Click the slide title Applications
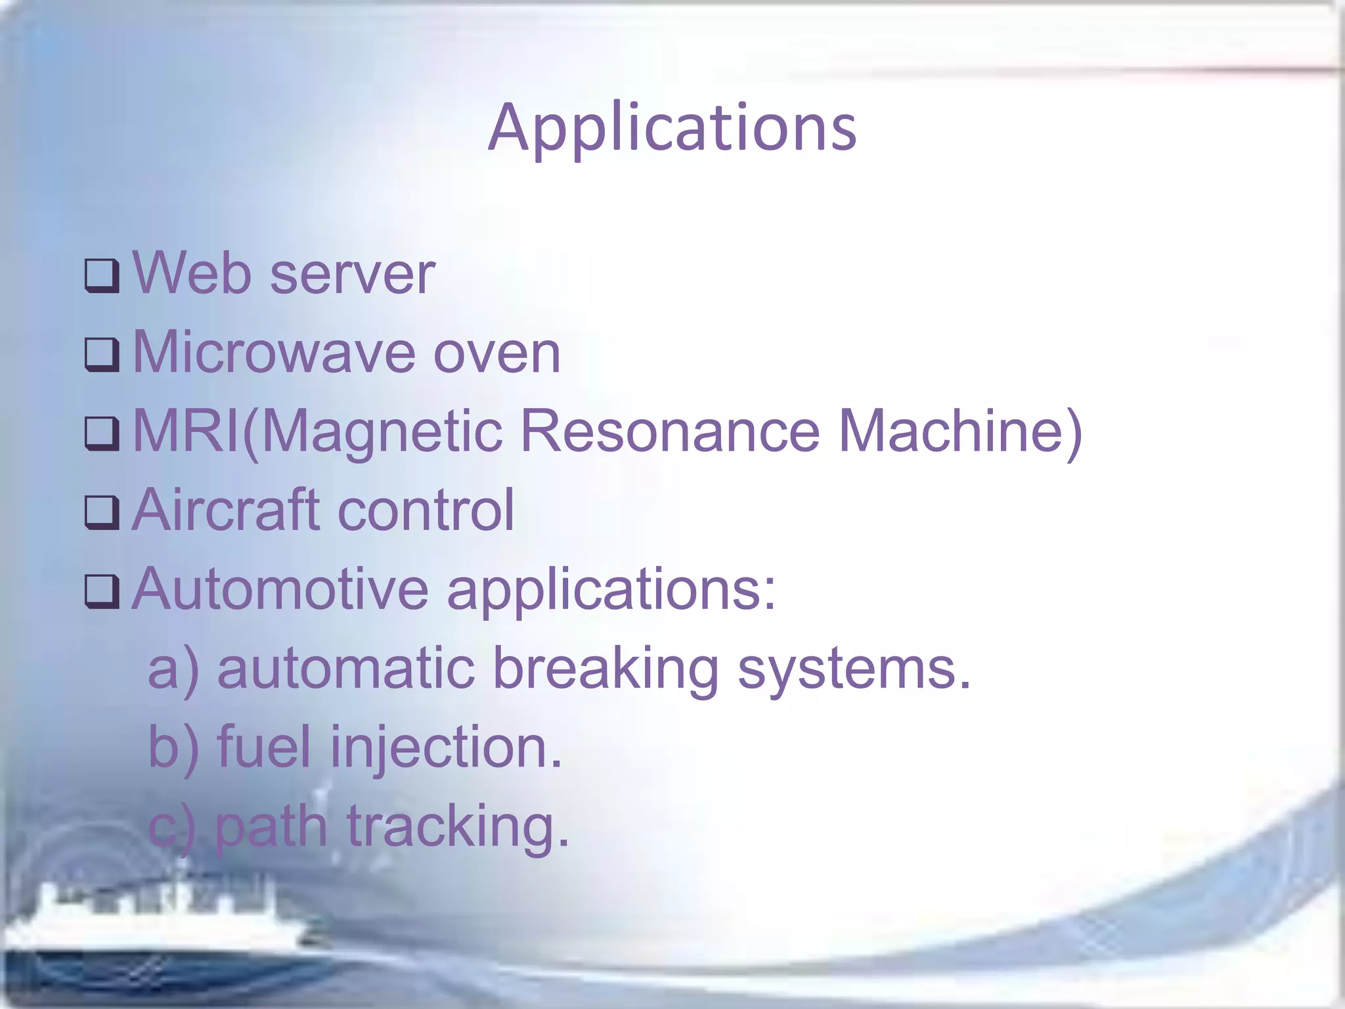672,128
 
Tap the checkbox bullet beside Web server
102,275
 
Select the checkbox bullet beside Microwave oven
102,355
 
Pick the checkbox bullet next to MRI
102,434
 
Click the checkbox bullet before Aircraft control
102,512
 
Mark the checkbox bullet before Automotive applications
102,591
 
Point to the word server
353,275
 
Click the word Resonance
671,432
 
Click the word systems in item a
854,669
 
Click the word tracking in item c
457,827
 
